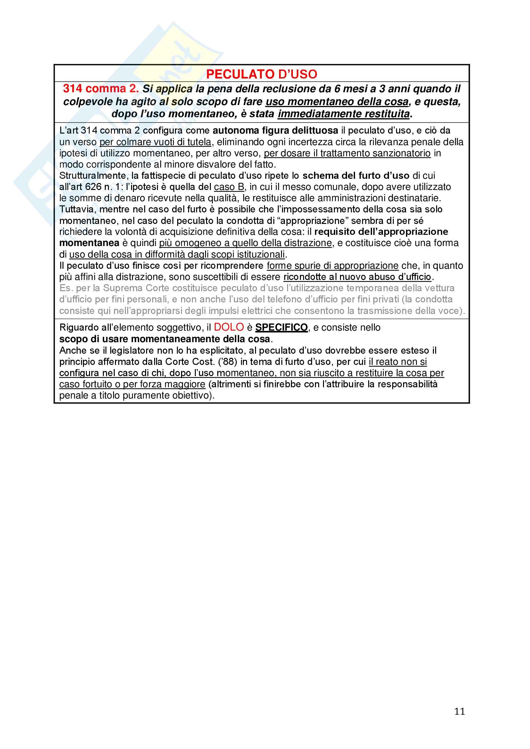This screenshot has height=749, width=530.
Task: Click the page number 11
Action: (x=460, y=711)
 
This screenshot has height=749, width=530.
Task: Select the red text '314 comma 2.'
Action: (x=101, y=89)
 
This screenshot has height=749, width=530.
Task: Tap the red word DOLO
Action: (x=229, y=327)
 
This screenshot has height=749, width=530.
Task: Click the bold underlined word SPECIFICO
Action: (x=281, y=327)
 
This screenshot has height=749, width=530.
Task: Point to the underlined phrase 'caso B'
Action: (x=229, y=187)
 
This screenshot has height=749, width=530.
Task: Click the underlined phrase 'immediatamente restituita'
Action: (x=344, y=114)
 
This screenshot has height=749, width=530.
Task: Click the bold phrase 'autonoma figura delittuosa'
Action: (x=275, y=130)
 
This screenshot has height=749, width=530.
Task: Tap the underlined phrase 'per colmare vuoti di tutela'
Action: (x=155, y=142)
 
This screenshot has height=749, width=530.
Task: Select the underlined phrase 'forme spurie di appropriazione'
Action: (x=333, y=266)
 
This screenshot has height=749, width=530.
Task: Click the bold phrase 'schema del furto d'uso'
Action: (x=356, y=176)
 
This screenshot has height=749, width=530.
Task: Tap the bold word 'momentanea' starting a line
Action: (x=89, y=243)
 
